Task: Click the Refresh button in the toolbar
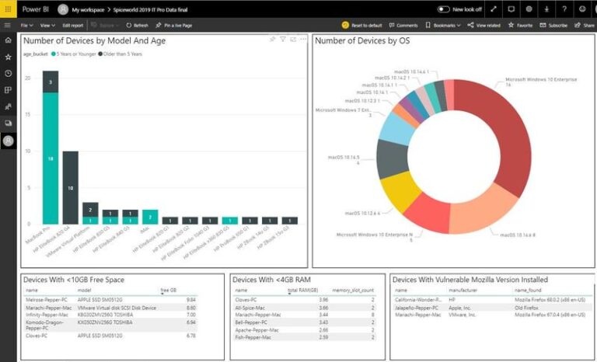coord(137,25)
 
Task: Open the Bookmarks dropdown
coord(446,25)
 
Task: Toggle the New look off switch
coord(444,9)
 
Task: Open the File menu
coord(26,25)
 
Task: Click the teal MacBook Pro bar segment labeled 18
coord(51,158)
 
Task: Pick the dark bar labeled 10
coord(70,188)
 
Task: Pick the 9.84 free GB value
coord(190,298)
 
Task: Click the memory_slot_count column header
coord(353,289)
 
